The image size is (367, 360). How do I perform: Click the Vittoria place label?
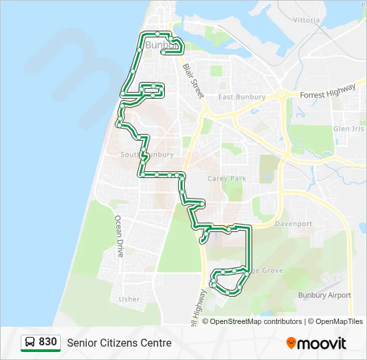coord(306,20)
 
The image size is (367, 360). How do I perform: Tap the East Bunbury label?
coord(242,97)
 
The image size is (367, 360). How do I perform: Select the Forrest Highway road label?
coord(328,94)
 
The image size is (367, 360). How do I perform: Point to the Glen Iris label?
coord(349,129)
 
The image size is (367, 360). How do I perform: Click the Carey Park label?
coord(227,179)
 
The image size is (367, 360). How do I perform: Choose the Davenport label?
coord(293,224)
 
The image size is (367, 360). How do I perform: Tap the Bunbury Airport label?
coord(324,295)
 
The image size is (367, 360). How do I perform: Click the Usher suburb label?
coord(129,299)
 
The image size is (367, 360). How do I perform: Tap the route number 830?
coord(47,342)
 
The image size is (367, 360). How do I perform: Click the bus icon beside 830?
coord(30,343)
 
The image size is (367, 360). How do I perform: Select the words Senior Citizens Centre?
coord(119,343)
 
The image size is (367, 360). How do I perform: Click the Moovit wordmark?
coord(322,343)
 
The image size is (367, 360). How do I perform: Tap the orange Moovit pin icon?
coord(291,343)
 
